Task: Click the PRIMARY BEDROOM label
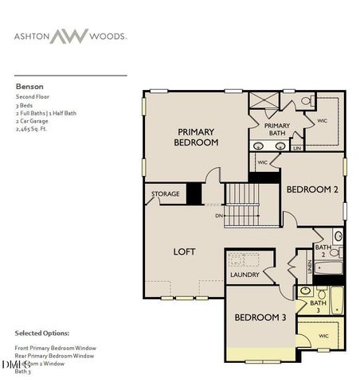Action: pos(197,137)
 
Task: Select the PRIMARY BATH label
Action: pos(276,129)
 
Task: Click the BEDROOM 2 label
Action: pos(312,189)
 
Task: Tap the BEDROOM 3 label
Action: pos(260,317)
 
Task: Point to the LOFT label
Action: pos(185,251)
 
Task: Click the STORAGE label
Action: pos(166,193)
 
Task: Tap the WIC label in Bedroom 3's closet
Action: pos(323,336)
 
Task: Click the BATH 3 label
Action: pos(318,306)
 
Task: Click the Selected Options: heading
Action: pos(41,333)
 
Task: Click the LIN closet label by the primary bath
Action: pos(297,148)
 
